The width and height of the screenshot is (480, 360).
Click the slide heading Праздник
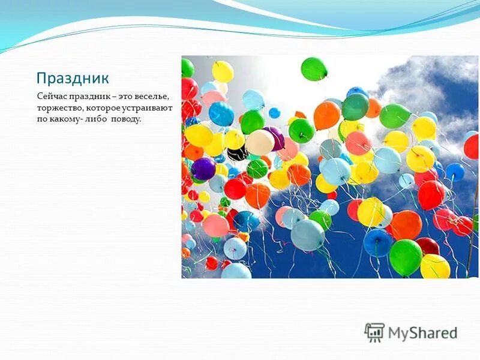[73, 79]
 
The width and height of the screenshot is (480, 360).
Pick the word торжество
[59, 107]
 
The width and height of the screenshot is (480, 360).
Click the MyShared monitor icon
[374, 332]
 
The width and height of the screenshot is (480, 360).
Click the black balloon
[237, 154]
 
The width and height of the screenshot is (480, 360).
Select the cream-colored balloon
[260, 142]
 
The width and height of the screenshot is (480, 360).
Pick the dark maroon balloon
[427, 246]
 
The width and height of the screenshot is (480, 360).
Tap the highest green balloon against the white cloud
[314, 69]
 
